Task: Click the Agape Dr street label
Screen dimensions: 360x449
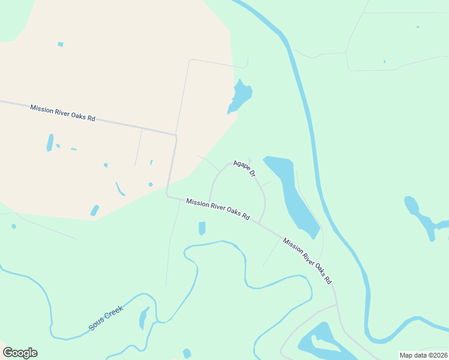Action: [245, 168]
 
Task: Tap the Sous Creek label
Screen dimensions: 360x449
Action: [106, 318]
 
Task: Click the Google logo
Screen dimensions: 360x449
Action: [20, 353]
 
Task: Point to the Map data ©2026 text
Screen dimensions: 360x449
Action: [423, 355]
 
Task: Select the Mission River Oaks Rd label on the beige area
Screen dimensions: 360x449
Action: [63, 112]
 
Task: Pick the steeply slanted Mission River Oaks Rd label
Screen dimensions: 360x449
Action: [307, 260]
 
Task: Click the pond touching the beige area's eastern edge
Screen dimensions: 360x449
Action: [240, 96]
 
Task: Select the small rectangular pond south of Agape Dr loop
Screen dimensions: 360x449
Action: [202, 228]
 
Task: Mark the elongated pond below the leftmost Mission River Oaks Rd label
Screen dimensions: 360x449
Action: [50, 142]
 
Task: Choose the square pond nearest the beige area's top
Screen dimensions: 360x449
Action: [61, 44]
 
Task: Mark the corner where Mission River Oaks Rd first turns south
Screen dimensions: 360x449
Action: [176, 136]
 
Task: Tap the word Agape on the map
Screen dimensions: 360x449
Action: [241, 164]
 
